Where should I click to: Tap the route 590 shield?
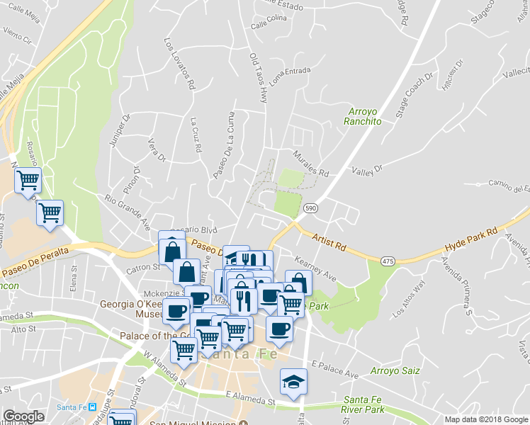[x=310, y=208]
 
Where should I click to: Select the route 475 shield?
[x=388, y=261]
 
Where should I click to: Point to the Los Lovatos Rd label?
[x=179, y=63]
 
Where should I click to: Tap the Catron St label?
[x=145, y=268]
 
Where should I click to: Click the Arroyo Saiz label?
[x=396, y=370]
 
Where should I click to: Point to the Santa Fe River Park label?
[x=363, y=404]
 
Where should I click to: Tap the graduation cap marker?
[x=293, y=382]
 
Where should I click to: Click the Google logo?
[x=24, y=416]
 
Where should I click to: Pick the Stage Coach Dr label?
[x=413, y=98]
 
